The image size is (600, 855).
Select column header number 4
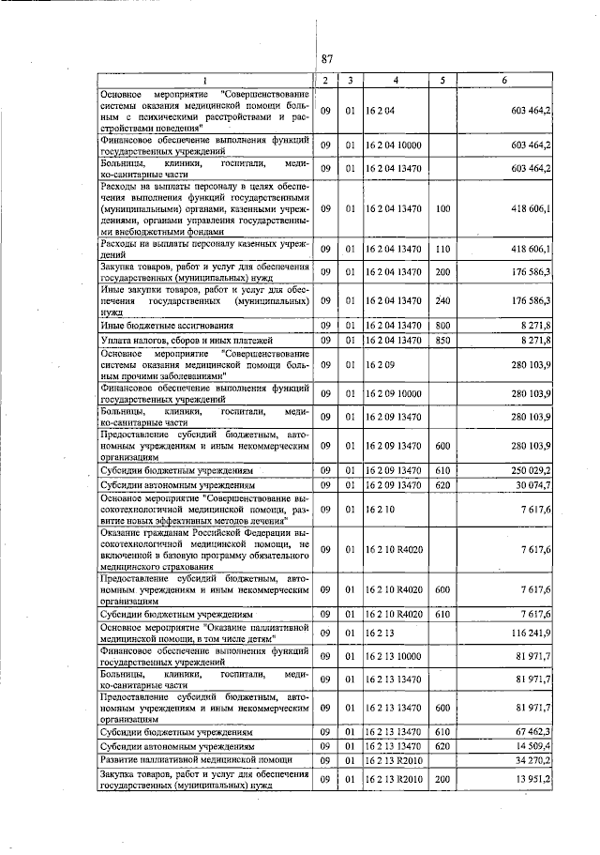point(397,81)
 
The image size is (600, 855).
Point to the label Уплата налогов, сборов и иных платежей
point(187,340)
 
